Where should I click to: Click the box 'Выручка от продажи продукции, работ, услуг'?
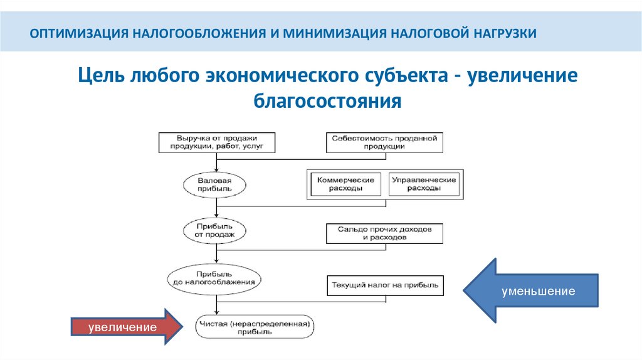[x=217, y=142]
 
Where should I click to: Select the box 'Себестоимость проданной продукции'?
[x=384, y=142]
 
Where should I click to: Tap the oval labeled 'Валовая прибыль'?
[x=216, y=184]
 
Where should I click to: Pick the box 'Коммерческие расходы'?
[x=345, y=184]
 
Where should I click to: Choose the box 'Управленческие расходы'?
[x=423, y=184]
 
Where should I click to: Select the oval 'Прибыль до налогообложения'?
[x=214, y=278]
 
